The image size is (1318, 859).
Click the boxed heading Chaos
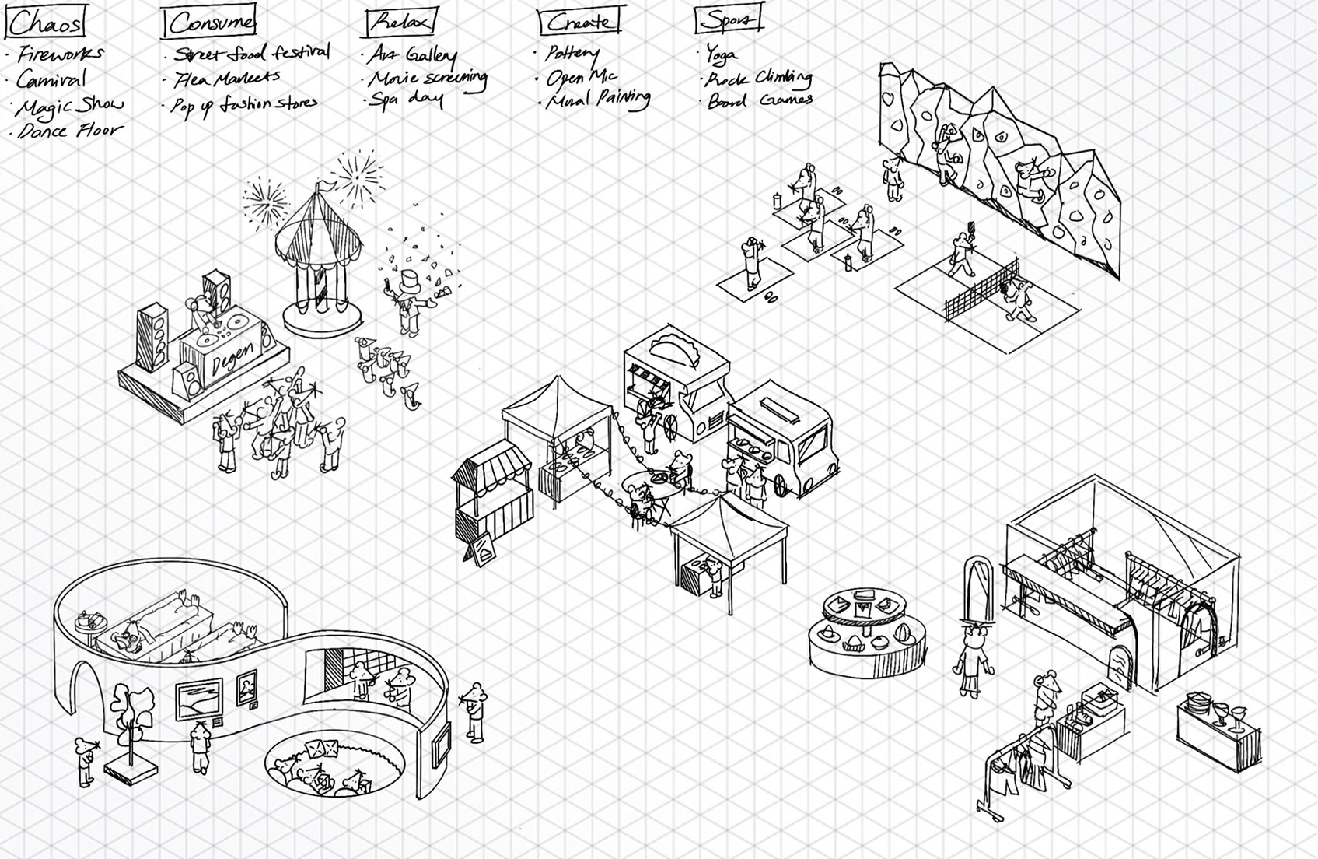[45, 23]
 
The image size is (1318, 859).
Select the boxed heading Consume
[210, 23]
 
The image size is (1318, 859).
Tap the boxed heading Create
[580, 23]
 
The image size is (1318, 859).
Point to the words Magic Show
[69, 105]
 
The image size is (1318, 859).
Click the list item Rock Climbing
[758, 79]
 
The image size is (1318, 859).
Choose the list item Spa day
[405, 100]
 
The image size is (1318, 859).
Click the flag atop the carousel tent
[327, 186]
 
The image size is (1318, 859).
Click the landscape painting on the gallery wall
[199, 699]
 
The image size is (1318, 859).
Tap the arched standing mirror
[978, 587]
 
